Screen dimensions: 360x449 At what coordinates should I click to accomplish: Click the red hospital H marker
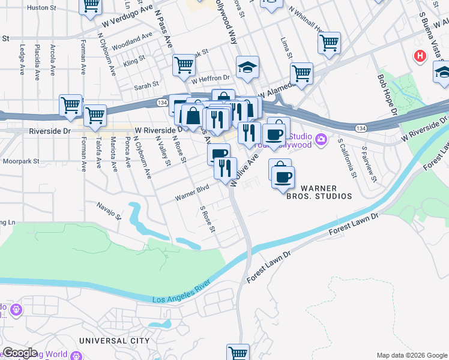[x=420, y=56]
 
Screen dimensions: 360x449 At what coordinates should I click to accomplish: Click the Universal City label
[x=114, y=340]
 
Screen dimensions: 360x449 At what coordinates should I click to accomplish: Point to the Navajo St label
[x=109, y=211]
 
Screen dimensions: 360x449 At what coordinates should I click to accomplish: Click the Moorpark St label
[x=20, y=161]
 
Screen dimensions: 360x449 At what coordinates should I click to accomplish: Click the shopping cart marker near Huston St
[x=91, y=5]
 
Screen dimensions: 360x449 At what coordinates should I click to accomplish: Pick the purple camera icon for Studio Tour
[x=322, y=140]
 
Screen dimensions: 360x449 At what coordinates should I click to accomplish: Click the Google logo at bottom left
[x=19, y=353]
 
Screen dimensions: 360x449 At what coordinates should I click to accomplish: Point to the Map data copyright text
[x=411, y=355]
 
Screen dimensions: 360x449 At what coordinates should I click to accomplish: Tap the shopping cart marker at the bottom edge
[x=238, y=352]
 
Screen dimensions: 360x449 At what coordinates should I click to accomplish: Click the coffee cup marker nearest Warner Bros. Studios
[x=283, y=176]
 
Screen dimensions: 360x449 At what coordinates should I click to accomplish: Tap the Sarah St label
[x=146, y=85]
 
